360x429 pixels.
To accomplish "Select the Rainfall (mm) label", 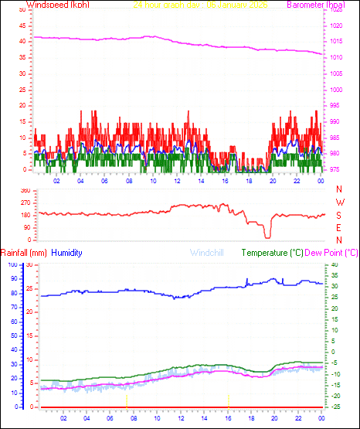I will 24,253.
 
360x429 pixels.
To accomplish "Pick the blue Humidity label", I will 67,253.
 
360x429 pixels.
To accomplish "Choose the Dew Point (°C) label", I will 333,253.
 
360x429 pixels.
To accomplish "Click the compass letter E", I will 339,227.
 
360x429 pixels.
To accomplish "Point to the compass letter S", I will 339,215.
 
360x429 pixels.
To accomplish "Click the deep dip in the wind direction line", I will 267,235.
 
